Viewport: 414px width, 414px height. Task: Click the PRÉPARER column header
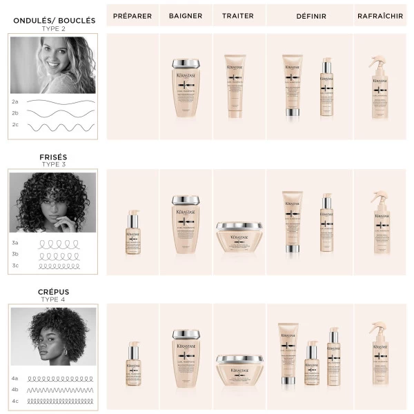pos(132,16)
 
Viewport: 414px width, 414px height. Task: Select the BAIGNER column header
pos(185,16)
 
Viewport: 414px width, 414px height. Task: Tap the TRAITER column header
pos(238,16)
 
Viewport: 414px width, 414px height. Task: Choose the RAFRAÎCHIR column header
pos(381,16)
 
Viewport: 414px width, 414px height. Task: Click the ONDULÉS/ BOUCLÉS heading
pos(54,21)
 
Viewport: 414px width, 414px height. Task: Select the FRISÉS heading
pos(54,157)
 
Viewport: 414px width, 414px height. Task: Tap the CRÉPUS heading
pos(54,292)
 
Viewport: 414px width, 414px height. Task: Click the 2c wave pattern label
pos(15,126)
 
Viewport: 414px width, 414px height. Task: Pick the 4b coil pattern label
pos(15,390)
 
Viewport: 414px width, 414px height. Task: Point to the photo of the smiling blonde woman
pos(53,65)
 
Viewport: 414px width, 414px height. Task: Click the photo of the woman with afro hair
pos(53,338)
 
